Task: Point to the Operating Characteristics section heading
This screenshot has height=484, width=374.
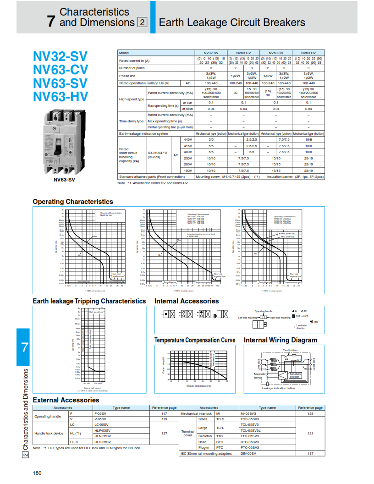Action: tap(73, 202)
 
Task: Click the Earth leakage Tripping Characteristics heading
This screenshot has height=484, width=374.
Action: tap(89, 301)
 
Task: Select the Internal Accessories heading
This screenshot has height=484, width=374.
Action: tap(187, 301)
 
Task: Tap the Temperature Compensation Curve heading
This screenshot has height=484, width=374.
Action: tap(195, 340)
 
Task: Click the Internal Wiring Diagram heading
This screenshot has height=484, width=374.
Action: tap(280, 340)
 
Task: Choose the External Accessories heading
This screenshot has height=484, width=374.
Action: tap(66, 400)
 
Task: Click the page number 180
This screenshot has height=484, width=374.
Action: tap(37, 473)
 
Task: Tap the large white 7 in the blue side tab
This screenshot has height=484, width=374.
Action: tap(24, 347)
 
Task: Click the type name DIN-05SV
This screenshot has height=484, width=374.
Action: tap(249, 453)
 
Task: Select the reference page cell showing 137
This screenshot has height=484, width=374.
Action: tap(310, 453)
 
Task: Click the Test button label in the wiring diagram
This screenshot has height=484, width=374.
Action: tap(290, 350)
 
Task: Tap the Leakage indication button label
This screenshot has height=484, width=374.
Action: tap(278, 388)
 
